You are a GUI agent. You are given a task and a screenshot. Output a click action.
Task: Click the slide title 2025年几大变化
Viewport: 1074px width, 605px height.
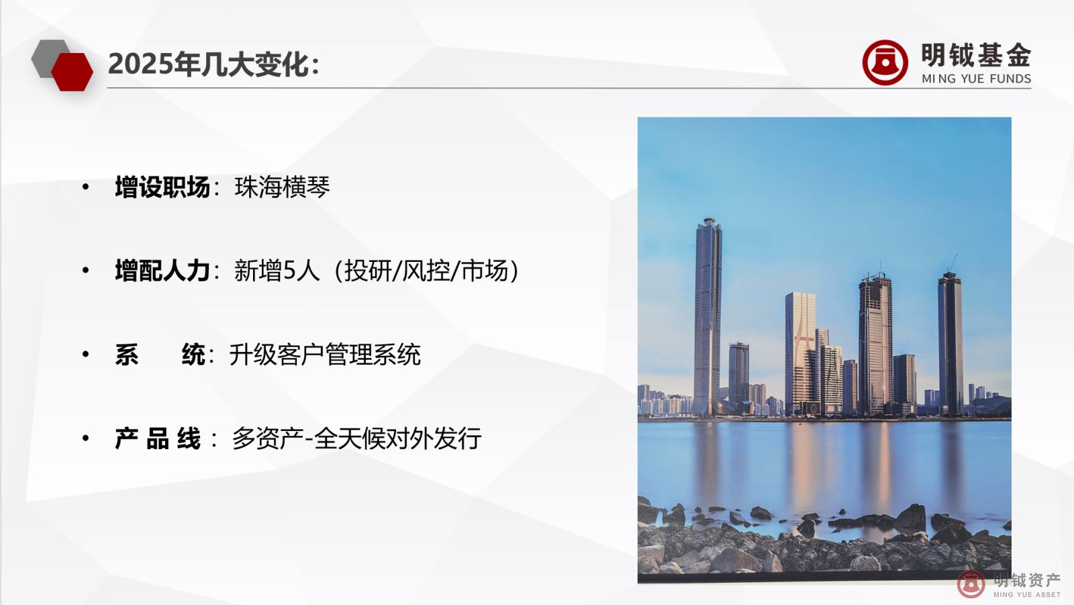213,64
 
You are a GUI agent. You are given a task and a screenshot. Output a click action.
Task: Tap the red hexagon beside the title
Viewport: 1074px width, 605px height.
72,72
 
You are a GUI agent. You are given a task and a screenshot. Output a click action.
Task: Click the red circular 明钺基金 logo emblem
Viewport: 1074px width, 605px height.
885,62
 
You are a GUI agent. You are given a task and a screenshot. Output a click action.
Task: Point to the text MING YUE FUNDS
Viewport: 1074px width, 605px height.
976,79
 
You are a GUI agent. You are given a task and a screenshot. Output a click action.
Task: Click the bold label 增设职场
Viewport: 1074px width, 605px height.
162,187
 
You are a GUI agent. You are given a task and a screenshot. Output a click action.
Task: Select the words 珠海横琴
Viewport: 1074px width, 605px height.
282,187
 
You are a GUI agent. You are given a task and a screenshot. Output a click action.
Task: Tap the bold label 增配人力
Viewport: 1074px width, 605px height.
162,271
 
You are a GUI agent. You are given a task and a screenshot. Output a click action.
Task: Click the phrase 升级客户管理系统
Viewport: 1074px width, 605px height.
325,355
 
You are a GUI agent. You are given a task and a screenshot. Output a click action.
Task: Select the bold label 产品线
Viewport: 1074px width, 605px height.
158,438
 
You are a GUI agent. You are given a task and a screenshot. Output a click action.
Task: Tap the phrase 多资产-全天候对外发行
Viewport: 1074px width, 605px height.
356,438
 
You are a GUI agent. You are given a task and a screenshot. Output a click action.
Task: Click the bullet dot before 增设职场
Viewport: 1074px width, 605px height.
85,187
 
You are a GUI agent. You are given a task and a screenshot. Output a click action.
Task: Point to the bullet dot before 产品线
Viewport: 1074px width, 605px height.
85,438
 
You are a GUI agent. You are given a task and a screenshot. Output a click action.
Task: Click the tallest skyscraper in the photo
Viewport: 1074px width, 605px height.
707,316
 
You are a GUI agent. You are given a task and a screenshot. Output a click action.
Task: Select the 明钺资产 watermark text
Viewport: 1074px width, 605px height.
1027,580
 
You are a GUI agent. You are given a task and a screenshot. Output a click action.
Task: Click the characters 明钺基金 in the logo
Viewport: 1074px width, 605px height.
975,55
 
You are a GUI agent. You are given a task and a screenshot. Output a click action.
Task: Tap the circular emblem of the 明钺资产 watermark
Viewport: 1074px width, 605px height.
971,584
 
